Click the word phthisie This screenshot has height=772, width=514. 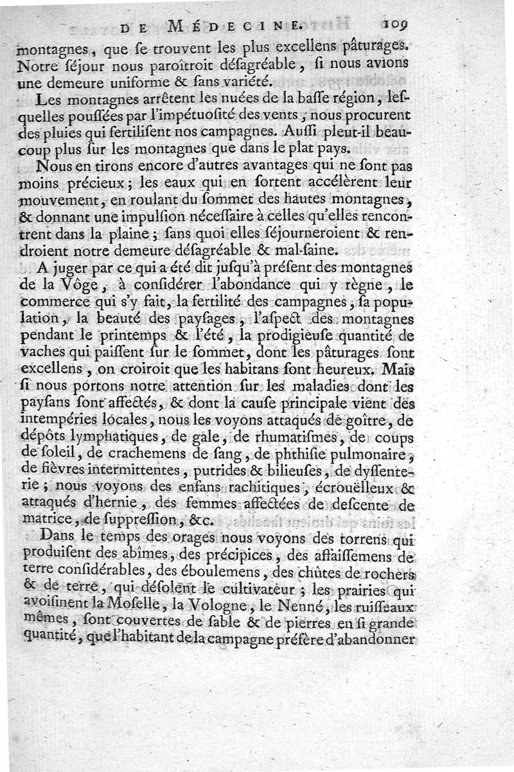305,455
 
